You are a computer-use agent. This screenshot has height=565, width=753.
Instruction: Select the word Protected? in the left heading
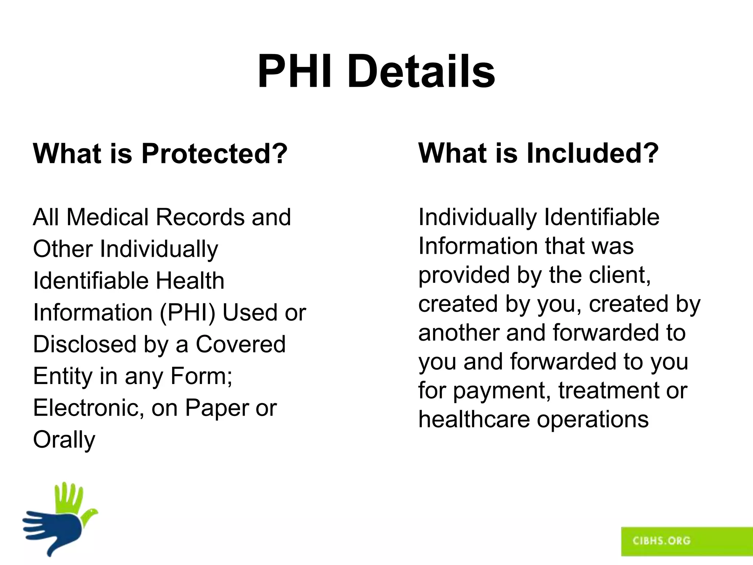(x=214, y=153)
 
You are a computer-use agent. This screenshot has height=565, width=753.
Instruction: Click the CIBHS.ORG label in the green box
(x=661, y=540)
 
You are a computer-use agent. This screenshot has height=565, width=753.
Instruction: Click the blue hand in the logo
(x=55, y=530)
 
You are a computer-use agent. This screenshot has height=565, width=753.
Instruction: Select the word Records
(x=201, y=217)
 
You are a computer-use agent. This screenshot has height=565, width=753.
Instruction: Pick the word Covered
(x=240, y=344)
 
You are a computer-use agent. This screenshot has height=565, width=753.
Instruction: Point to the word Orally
(x=64, y=440)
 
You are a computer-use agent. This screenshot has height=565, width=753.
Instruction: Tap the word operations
(x=593, y=419)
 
